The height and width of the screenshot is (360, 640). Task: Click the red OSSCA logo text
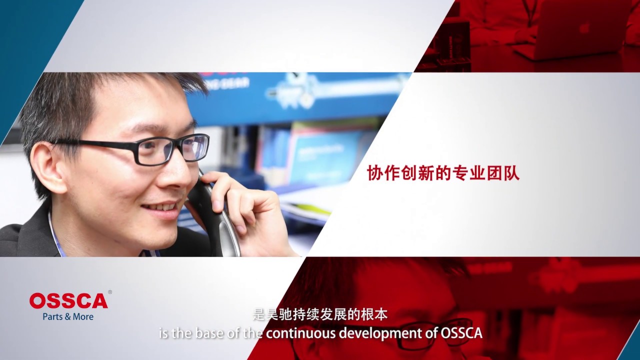coord(68,300)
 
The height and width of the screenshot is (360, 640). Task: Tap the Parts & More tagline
coord(68,316)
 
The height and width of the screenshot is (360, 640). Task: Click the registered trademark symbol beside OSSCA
coord(110,292)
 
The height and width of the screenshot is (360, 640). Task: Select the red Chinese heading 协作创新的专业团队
coord(443,173)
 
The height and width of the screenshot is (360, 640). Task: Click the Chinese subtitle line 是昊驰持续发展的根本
coord(320,315)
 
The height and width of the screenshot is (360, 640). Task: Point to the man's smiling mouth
coord(161,206)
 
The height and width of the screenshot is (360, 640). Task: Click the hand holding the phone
coord(245,205)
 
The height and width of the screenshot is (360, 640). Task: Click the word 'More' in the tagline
coord(83,316)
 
